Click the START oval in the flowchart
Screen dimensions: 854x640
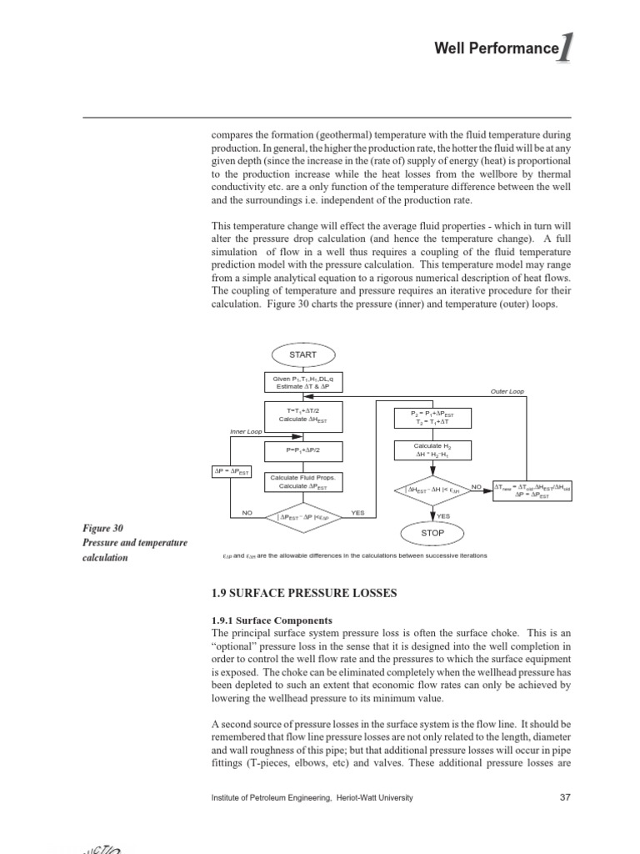(302, 354)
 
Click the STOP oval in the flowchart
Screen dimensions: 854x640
(432, 532)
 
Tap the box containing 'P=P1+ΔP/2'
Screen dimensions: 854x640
(302, 451)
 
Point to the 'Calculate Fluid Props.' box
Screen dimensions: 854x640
(302, 482)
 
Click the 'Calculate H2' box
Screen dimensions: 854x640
(432, 451)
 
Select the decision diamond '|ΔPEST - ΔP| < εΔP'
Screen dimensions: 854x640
(302, 515)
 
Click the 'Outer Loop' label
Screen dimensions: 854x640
(507, 391)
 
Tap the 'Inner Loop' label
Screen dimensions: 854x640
(246, 432)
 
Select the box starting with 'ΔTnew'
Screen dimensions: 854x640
(532, 490)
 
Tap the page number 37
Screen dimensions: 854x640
(565, 797)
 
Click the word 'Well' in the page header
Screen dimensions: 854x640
(450, 49)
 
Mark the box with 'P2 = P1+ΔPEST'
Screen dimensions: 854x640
(432, 418)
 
